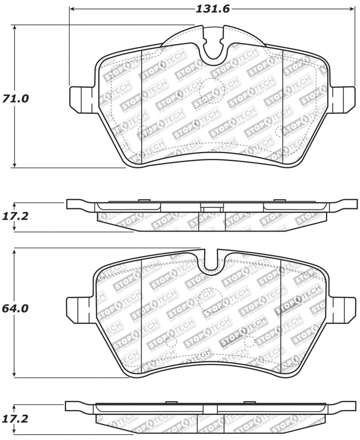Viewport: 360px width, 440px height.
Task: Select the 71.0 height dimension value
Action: (x=15, y=98)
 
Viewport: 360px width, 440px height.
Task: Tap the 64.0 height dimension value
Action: (x=15, y=308)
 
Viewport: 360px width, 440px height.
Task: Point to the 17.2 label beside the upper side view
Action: (x=15, y=216)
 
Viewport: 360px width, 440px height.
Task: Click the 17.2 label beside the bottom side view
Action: (x=15, y=419)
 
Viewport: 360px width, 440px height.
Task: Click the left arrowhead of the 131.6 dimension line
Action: (x=72, y=9)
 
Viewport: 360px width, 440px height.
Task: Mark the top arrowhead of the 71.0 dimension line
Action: (x=15, y=28)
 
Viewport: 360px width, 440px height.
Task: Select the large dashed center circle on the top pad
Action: (x=210, y=90)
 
